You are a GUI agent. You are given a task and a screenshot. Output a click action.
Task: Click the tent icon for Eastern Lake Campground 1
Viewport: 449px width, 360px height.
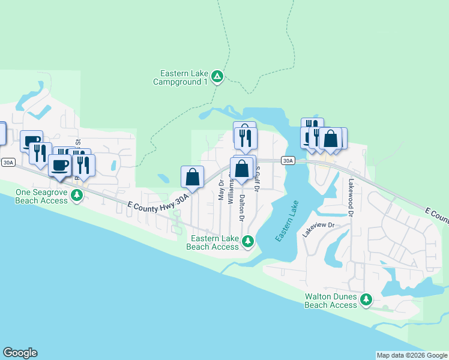(x=217, y=77)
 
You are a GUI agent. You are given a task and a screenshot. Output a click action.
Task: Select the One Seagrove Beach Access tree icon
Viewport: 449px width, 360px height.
(x=77, y=195)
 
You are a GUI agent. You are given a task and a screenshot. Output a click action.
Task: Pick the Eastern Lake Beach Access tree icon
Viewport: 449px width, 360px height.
(x=247, y=242)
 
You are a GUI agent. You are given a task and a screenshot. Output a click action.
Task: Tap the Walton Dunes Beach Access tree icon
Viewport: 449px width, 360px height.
(x=366, y=299)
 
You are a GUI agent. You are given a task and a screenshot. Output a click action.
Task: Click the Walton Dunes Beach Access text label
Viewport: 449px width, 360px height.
(x=331, y=301)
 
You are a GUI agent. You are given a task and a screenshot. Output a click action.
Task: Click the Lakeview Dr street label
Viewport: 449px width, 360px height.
(x=318, y=229)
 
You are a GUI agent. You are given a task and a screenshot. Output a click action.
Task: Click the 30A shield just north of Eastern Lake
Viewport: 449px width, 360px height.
(x=288, y=160)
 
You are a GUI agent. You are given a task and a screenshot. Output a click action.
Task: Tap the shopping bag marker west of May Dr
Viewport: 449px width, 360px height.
(x=192, y=176)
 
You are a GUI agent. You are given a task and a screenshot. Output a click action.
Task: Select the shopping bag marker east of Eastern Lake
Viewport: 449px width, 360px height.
(x=330, y=139)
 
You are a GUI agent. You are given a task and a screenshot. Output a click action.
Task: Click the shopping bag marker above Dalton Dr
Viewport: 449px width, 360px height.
(x=241, y=169)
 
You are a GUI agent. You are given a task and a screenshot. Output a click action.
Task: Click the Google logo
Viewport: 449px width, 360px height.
(x=20, y=353)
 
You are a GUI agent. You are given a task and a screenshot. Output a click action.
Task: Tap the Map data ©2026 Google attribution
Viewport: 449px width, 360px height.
(x=412, y=355)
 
